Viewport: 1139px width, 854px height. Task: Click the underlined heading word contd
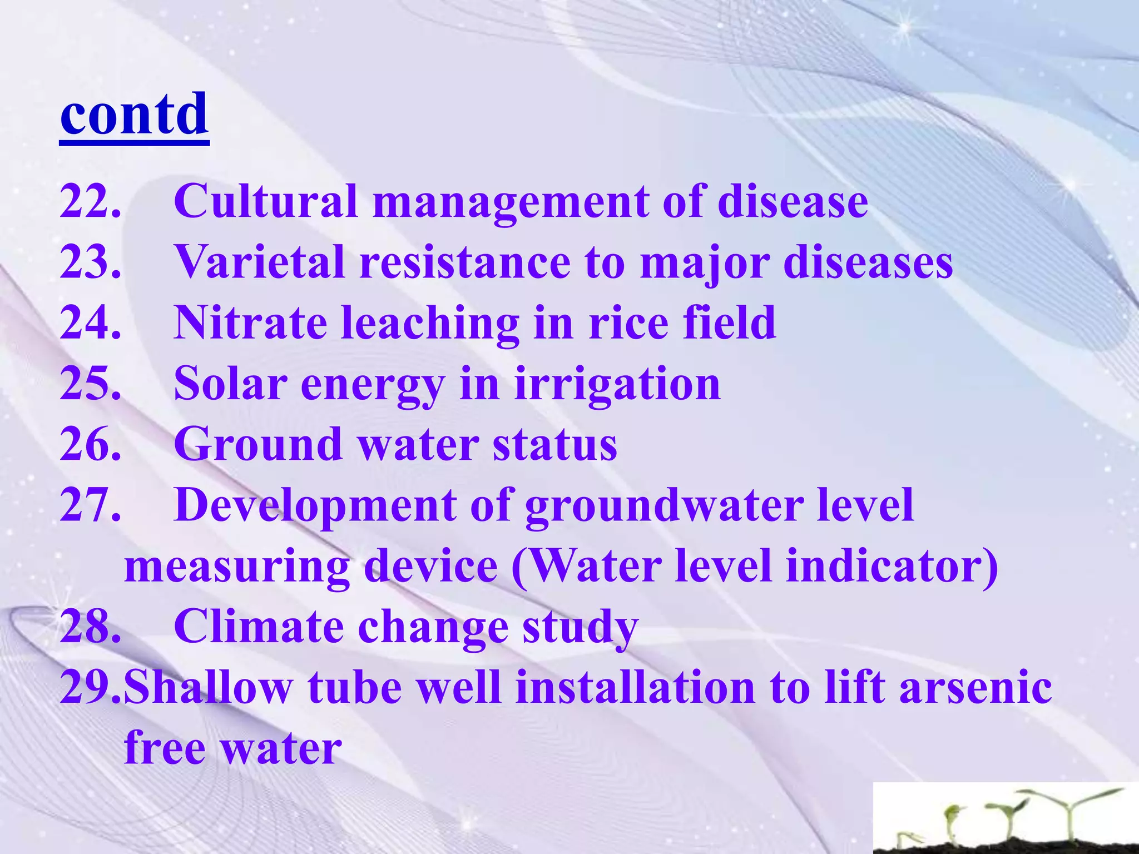pyautogui.click(x=134, y=115)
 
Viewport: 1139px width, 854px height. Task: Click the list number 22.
pyautogui.click(x=90, y=201)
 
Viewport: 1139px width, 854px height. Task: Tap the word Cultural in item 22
pyautogui.click(x=265, y=201)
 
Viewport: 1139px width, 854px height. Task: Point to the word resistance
pyautogui.click(x=465, y=262)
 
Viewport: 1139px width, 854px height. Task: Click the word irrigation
pyautogui.click(x=617, y=385)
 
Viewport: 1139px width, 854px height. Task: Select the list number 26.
pyautogui.click(x=90, y=444)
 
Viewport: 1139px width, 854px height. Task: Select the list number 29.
pyautogui.click(x=90, y=688)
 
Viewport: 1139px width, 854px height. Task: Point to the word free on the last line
pyautogui.click(x=165, y=748)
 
